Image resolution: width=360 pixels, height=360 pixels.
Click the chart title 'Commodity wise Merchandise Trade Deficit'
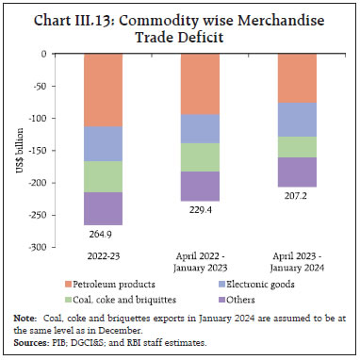click(x=179, y=25)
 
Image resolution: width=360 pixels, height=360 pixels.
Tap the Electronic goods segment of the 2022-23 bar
click(x=110, y=143)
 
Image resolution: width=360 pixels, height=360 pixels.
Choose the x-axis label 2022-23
click(x=110, y=257)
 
